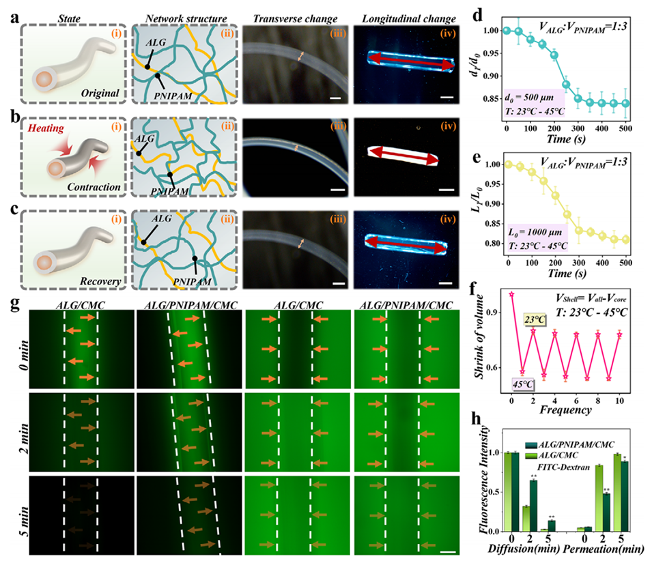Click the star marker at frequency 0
coord(511,294)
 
